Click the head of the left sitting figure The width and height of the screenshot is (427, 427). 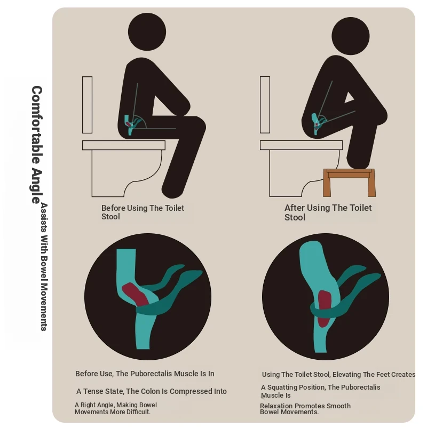[x=147, y=31]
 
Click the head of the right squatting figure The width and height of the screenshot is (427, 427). [x=351, y=36]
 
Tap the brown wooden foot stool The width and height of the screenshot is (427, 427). [x=349, y=183]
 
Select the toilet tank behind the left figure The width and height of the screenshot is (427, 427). [x=87, y=105]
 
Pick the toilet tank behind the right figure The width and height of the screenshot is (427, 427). [x=265, y=105]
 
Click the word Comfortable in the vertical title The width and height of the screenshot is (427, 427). [x=37, y=125]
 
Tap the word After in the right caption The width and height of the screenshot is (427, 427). [x=295, y=208]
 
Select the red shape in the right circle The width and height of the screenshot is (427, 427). [x=323, y=309]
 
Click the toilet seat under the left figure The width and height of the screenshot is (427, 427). [x=124, y=145]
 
